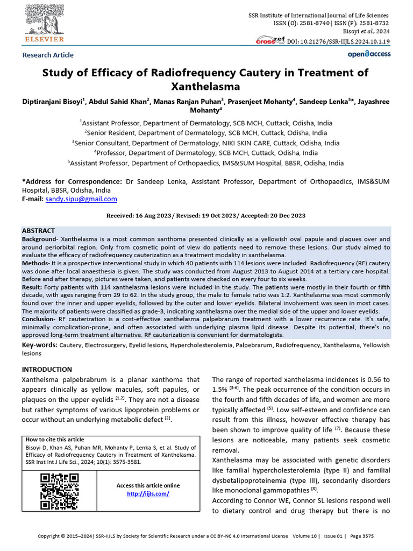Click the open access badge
click(369, 54)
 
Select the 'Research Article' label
click(48, 55)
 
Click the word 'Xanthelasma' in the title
click(206, 86)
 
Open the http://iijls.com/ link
click(148, 494)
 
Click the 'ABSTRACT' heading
click(38, 231)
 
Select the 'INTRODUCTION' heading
click(47, 370)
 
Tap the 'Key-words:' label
click(40, 345)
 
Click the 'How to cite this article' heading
click(55, 440)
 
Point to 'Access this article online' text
click(148, 486)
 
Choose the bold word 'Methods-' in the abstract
click(36, 264)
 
